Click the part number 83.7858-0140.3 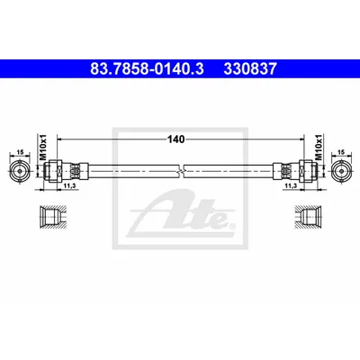(147, 68)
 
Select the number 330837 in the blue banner (250, 68)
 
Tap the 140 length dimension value (176, 139)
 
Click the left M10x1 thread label (44, 148)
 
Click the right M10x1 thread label (318, 148)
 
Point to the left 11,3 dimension (69, 186)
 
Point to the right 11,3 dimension (291, 186)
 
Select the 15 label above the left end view (20, 152)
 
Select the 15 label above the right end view (341, 152)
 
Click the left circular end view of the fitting (20, 171)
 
